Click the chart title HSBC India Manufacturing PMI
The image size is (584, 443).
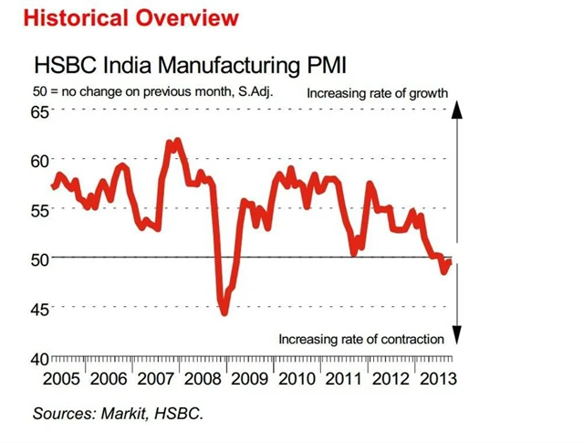pyautogui.click(x=190, y=66)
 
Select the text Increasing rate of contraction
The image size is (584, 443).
pyautogui.click(x=361, y=339)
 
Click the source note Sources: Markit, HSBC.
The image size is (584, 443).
pyautogui.click(x=118, y=413)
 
